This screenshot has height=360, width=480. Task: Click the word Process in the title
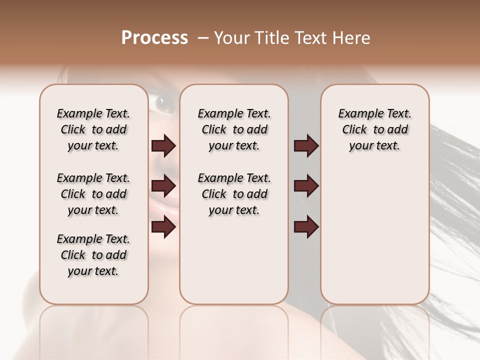[154, 38]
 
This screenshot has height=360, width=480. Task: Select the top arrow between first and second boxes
[163, 145]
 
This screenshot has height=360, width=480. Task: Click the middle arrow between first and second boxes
[163, 186]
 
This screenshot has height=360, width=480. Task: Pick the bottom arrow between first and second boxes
[163, 226]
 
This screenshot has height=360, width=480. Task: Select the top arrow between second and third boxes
[306, 145]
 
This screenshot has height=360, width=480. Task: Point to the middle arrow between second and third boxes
[306, 186]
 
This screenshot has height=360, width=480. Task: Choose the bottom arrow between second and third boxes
[306, 226]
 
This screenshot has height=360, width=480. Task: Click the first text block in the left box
[93, 129]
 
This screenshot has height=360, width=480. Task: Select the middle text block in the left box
[93, 194]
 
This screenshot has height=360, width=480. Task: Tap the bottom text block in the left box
[93, 255]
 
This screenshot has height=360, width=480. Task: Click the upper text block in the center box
[234, 129]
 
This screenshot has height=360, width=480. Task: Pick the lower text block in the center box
[234, 194]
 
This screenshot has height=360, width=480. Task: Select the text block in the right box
[374, 129]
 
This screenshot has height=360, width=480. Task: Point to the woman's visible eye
[163, 103]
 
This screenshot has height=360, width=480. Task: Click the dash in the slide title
[203, 38]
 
